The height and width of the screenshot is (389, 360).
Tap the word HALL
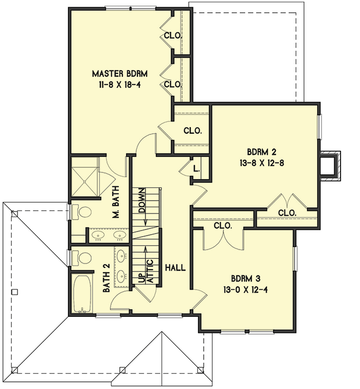click(x=175, y=268)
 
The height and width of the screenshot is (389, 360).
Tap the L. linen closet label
click(x=197, y=169)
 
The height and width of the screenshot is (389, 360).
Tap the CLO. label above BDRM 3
click(x=223, y=225)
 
